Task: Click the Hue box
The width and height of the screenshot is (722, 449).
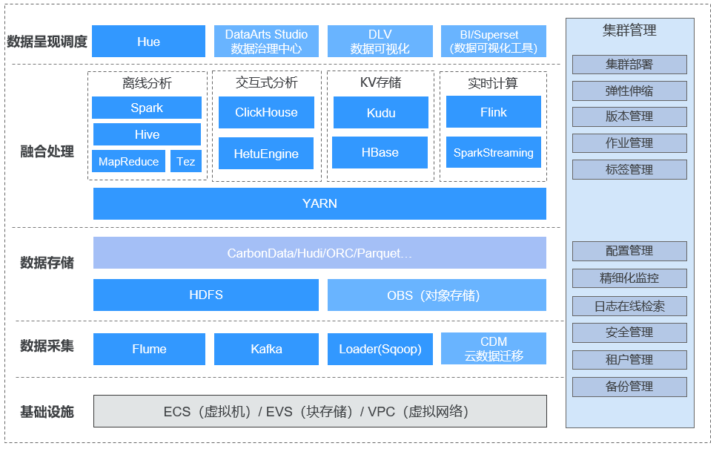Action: [148, 41]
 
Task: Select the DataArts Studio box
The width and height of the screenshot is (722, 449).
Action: [266, 41]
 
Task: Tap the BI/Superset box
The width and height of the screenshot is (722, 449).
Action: [494, 41]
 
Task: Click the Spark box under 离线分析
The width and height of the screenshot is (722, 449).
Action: [147, 108]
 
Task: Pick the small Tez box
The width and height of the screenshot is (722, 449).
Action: [186, 161]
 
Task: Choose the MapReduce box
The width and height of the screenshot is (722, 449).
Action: [128, 161]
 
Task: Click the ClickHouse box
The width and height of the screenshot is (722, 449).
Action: [266, 112]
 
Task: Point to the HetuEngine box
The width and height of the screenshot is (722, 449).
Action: [266, 153]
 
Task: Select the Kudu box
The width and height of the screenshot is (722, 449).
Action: [381, 112]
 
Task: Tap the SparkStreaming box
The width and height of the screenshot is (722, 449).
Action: [494, 152]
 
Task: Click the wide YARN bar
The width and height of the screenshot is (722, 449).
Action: [319, 203]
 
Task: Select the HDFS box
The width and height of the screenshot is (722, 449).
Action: [206, 295]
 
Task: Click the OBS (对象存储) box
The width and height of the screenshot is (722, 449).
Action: [437, 295]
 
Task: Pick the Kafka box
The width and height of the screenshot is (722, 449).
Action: [266, 349]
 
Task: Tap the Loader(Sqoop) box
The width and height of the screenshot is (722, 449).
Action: [380, 349]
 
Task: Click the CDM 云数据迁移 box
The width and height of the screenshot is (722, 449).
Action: [494, 349]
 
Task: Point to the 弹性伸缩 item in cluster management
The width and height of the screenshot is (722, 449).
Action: [629, 91]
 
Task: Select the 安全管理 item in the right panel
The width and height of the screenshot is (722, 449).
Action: [629, 332]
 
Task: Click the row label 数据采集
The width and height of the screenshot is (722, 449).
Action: [47, 346]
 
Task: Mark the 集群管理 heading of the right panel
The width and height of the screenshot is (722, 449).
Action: [629, 30]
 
